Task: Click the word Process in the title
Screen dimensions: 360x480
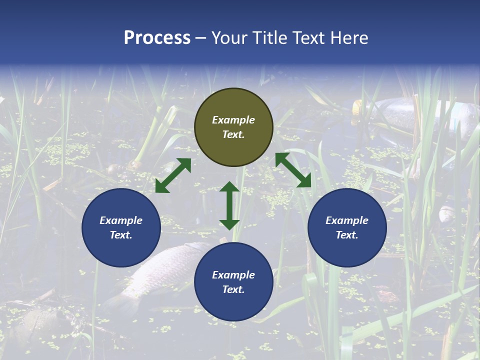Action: click(x=157, y=38)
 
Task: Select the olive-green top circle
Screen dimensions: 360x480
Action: click(x=233, y=127)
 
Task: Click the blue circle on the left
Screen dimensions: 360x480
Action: click(x=121, y=227)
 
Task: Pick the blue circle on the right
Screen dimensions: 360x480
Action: click(x=347, y=227)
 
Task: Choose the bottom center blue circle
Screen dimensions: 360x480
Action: click(x=233, y=281)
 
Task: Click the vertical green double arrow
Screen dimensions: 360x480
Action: click(x=229, y=205)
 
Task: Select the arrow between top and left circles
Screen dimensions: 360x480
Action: click(x=173, y=175)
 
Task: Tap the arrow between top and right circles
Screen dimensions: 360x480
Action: click(x=293, y=170)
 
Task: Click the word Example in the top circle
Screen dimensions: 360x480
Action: click(x=233, y=120)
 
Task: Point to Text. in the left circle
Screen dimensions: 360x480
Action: click(x=121, y=235)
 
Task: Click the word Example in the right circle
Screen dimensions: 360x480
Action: click(x=347, y=220)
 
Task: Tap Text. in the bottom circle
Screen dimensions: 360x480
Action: click(x=233, y=289)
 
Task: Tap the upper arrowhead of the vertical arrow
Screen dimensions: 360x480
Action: click(x=229, y=187)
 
